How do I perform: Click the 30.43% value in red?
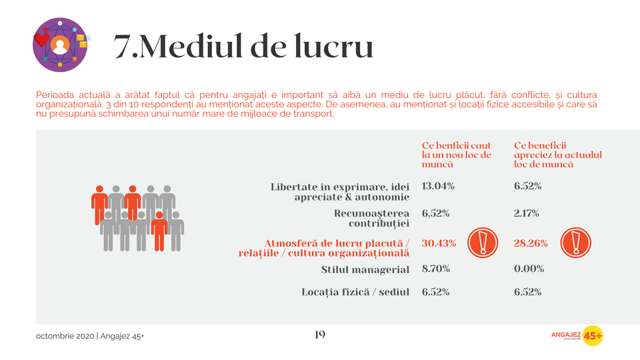pyautogui.click(x=439, y=244)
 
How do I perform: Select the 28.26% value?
pyautogui.click(x=531, y=244)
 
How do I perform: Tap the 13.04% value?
pyautogui.click(x=439, y=186)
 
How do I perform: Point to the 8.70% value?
pyautogui.click(x=436, y=269)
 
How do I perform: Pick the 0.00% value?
pyautogui.click(x=529, y=269)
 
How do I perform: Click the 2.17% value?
pyautogui.click(x=528, y=213)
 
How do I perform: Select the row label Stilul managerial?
pyautogui.click(x=365, y=269)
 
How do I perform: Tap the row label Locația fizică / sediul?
pyautogui.click(x=355, y=292)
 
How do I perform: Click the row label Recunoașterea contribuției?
pyautogui.click(x=371, y=218)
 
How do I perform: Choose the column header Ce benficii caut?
pyautogui.click(x=456, y=155)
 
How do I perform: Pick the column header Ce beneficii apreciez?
pyautogui.click(x=557, y=155)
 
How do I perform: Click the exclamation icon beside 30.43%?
pyautogui.click(x=483, y=242)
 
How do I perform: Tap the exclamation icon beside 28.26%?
pyautogui.click(x=576, y=242)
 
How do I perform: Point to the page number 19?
pyautogui.click(x=320, y=335)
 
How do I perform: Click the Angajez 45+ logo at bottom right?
pyautogui.click(x=577, y=335)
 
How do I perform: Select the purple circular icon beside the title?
pyautogui.click(x=59, y=44)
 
